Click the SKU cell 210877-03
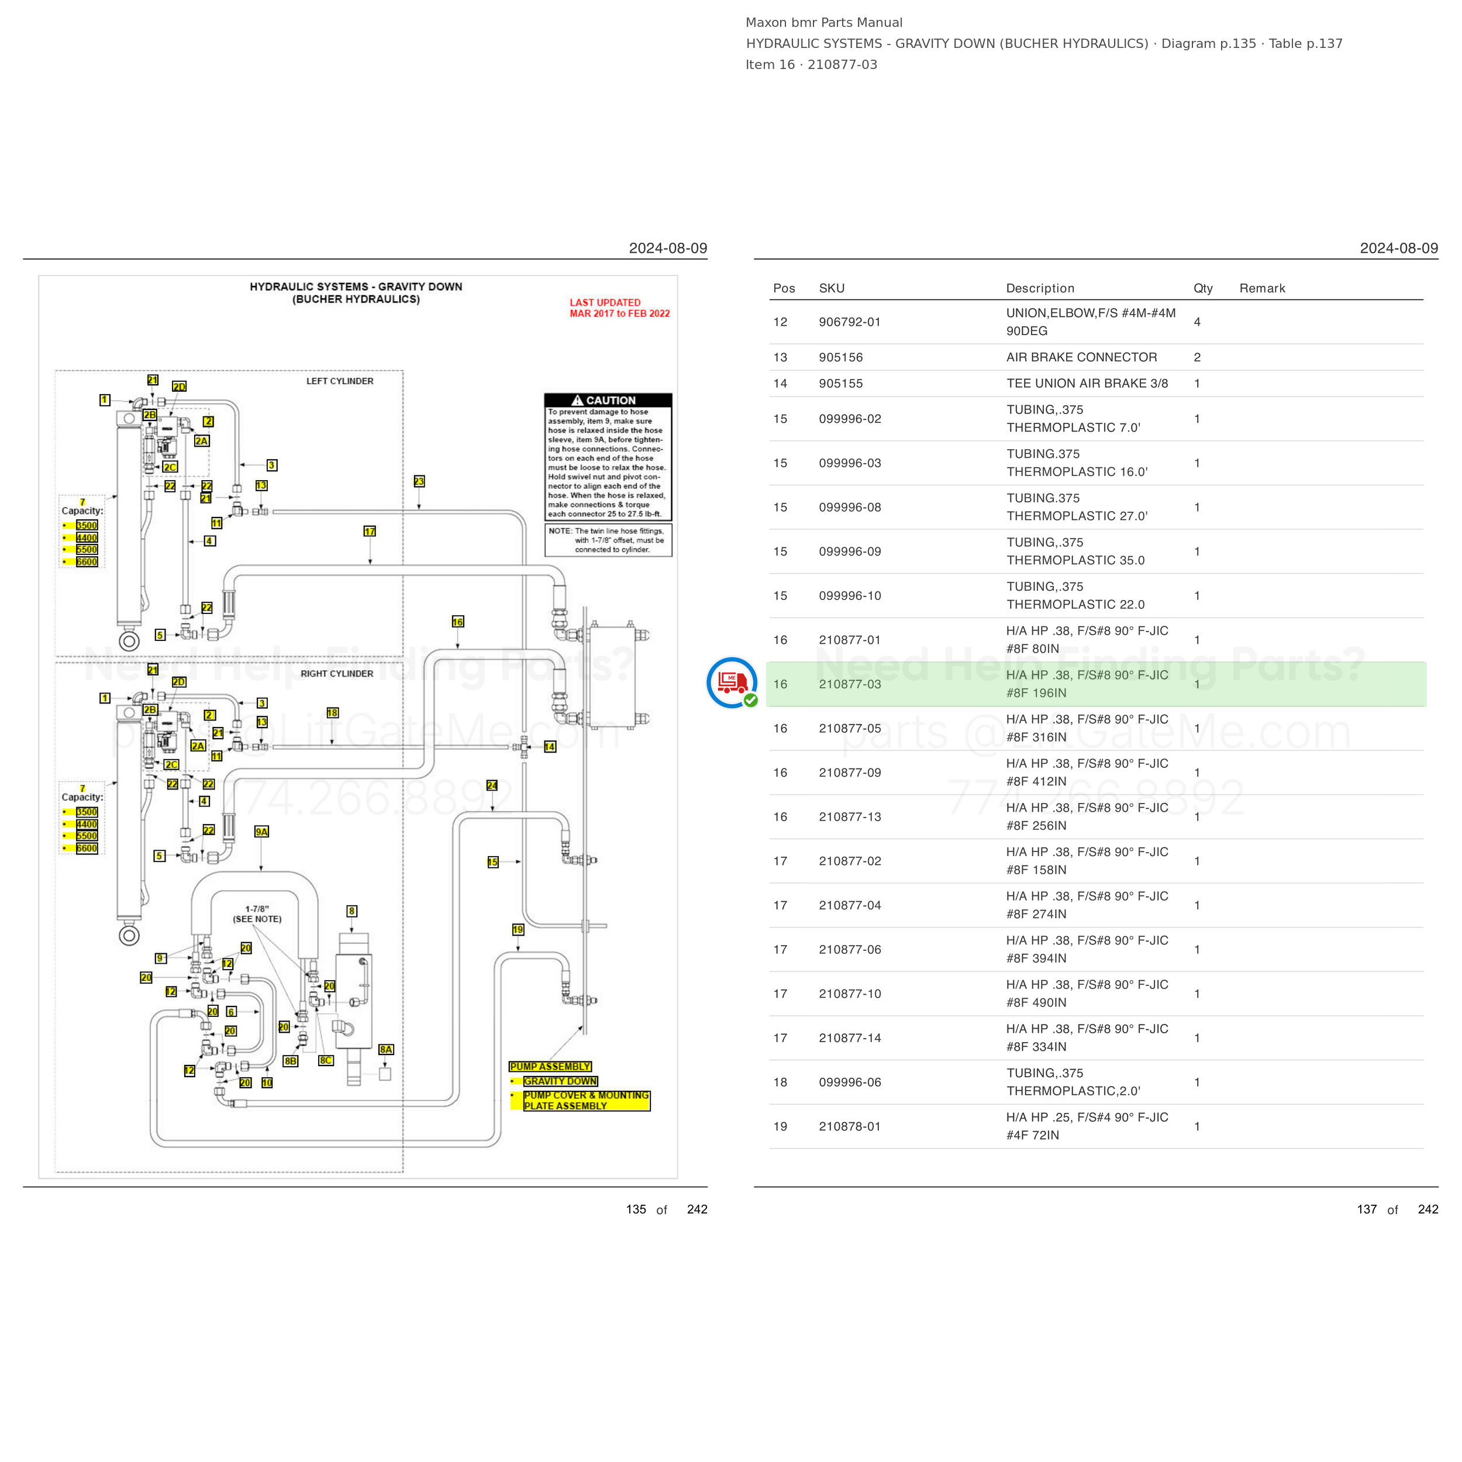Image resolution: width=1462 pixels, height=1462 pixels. coord(850,684)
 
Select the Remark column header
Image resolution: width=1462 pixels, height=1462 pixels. coord(1262,288)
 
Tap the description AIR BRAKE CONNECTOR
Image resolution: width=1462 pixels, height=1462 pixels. coord(1081,357)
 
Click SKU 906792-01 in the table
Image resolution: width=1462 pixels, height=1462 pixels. coord(850,322)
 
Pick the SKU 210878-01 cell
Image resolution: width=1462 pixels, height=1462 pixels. coord(850,1126)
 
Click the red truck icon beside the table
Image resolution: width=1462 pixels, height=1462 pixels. coord(732,682)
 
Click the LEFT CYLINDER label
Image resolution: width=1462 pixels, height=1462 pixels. coord(340,381)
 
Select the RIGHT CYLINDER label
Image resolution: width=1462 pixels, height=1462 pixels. coord(337,674)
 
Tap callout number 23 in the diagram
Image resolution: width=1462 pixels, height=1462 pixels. coord(419,481)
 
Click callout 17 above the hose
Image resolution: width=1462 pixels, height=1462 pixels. coord(369,531)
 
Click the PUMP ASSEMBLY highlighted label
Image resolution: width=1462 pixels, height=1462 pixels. coord(550,1066)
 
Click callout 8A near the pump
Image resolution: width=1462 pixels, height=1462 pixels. coord(386,1050)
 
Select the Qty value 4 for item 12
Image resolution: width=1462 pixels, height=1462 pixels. coord(1197,322)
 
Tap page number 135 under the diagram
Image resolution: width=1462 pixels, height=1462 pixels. coord(636,1209)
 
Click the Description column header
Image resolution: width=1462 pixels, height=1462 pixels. coord(1040,288)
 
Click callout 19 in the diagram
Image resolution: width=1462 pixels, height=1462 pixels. coord(518,929)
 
